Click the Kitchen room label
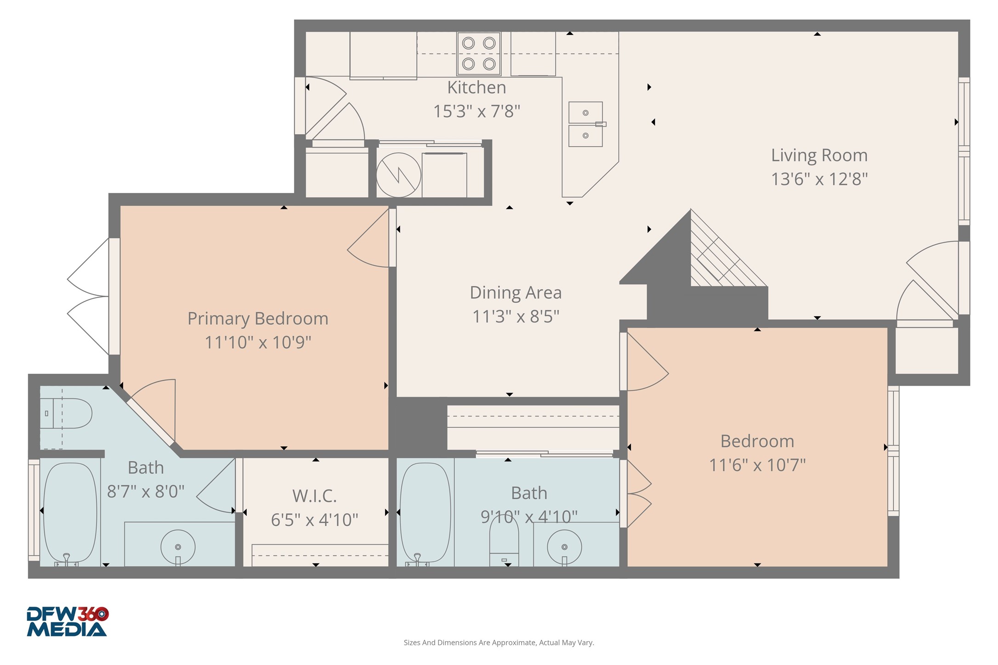pos(476,87)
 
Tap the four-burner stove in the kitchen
pos(478,53)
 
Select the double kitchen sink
pos(585,124)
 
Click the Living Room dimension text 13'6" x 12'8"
pos(819,179)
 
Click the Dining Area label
pos(515,293)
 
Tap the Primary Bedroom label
pos(258,318)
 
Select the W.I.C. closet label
pos(314,496)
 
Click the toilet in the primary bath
pos(69,413)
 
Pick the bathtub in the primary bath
pos(70,512)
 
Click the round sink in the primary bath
pos(178,547)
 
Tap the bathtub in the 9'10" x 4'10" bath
pos(425,512)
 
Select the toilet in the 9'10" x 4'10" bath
pos(504,540)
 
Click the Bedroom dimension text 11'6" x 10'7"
pos(757,465)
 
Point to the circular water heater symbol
pos(398,175)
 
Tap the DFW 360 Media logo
pos(67,621)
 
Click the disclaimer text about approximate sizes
pos(499,642)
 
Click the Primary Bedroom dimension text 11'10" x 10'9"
pos(258,343)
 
